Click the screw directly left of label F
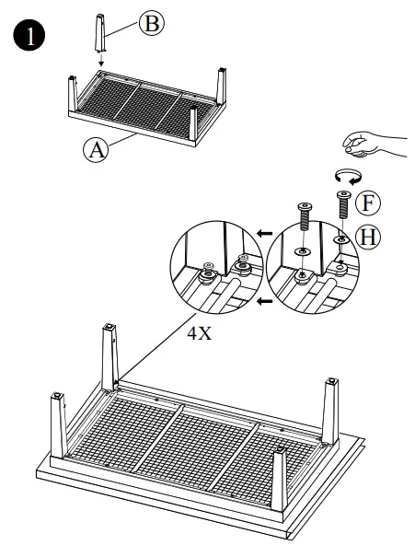pyautogui.click(x=342, y=205)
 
